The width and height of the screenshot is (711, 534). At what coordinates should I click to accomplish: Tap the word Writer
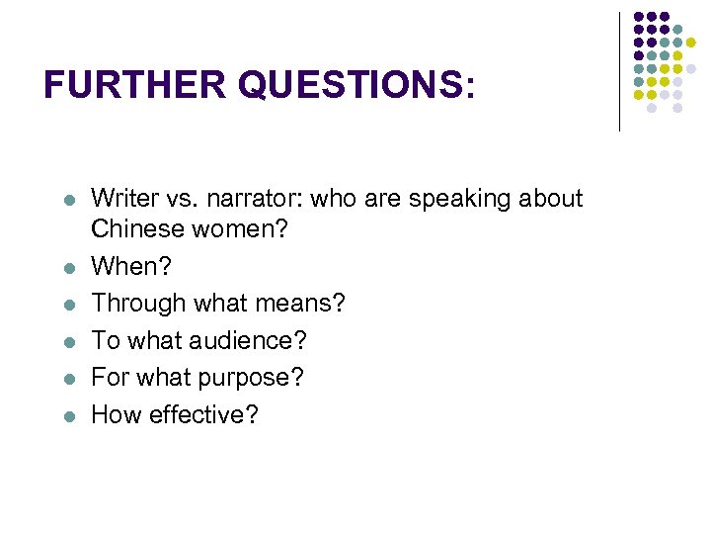tap(122, 199)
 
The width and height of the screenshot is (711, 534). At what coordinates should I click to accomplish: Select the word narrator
tap(258, 199)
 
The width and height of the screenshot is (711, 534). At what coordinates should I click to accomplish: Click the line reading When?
tap(124, 266)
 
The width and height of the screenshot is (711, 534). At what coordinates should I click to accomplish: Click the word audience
tap(248, 341)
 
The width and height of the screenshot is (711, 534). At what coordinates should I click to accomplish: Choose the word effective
tap(204, 414)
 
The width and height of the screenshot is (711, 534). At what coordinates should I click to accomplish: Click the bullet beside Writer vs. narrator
tap(69, 200)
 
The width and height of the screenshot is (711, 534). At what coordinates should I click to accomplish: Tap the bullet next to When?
tap(69, 267)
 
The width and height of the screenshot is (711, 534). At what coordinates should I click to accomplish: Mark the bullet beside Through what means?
tap(69, 305)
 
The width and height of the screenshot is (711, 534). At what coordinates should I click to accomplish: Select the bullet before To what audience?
tap(69, 342)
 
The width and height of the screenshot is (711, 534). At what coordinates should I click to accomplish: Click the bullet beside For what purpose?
tap(69, 379)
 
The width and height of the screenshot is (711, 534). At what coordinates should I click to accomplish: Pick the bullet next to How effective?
tap(69, 415)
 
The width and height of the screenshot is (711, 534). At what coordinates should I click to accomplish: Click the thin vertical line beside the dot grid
tap(620, 71)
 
